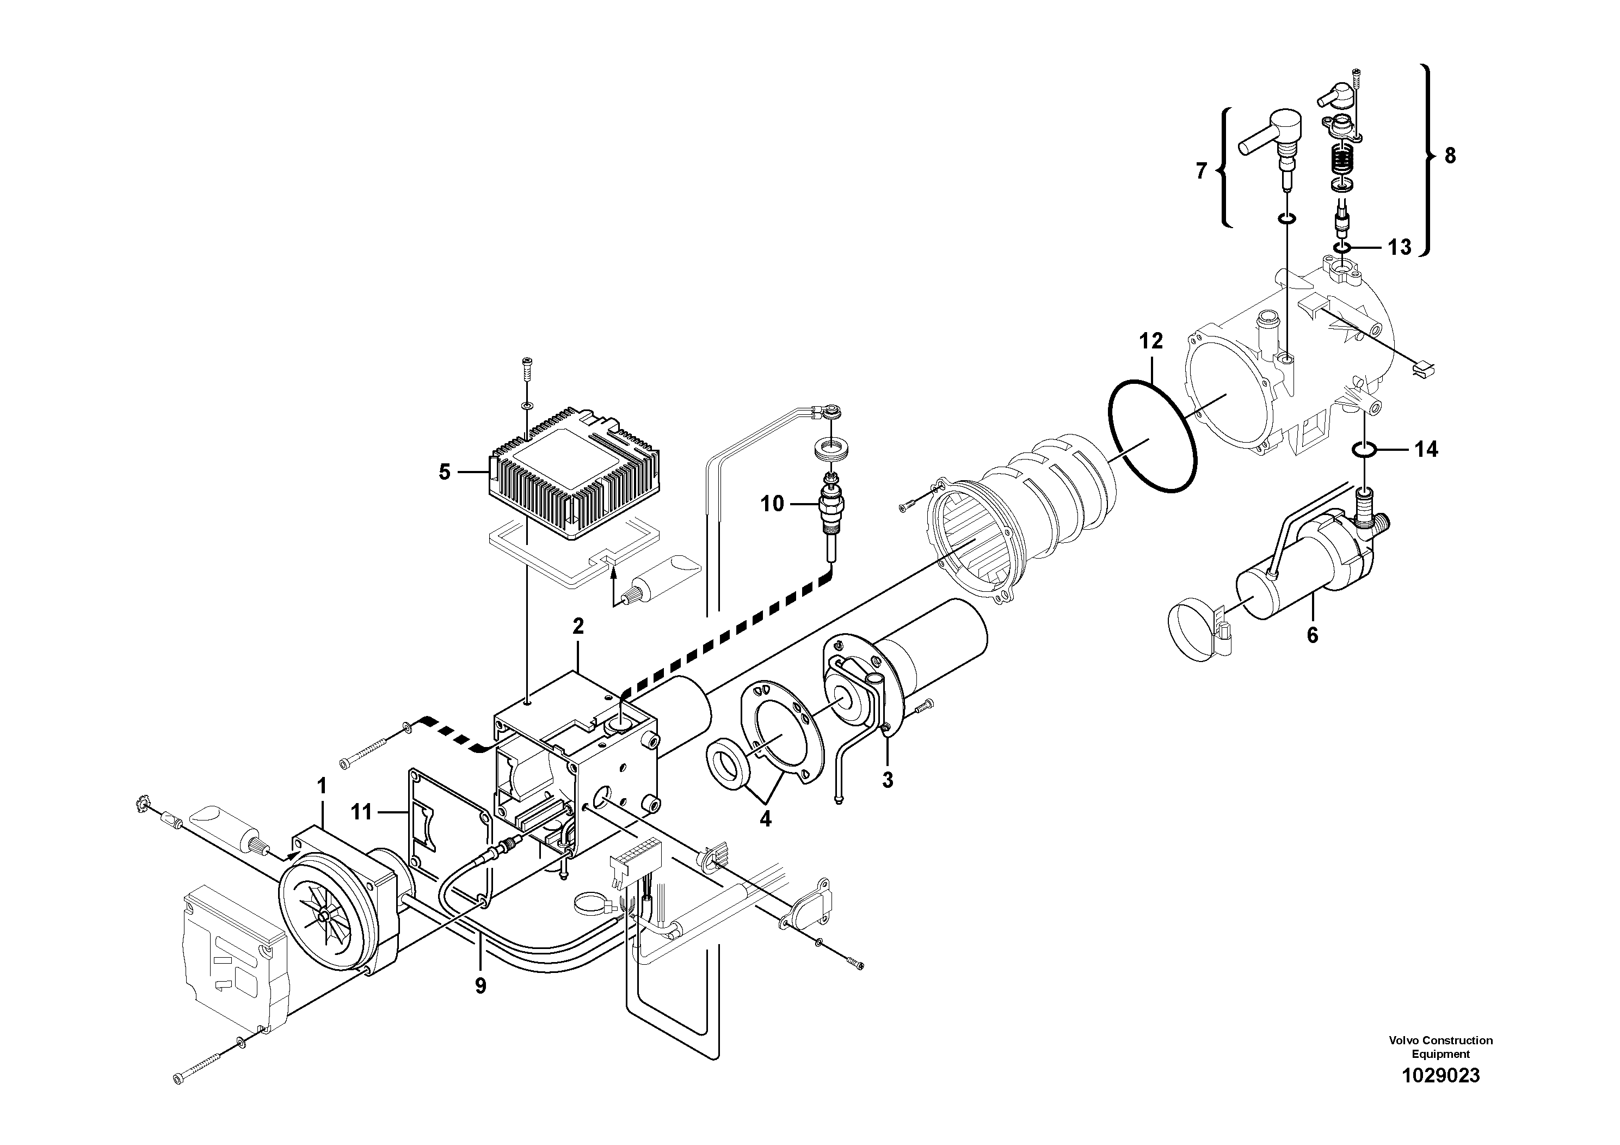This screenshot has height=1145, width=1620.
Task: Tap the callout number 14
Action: [1426, 449]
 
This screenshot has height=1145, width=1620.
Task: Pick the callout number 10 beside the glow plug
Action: [772, 504]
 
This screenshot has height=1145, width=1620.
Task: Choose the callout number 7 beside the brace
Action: [1202, 171]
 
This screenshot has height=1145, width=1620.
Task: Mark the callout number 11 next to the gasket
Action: [361, 812]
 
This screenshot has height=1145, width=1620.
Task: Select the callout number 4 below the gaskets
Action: [766, 819]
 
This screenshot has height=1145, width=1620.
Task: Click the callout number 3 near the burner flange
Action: [888, 780]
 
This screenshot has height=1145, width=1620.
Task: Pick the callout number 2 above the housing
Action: [578, 626]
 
